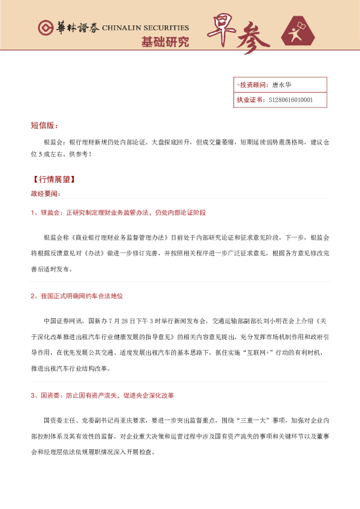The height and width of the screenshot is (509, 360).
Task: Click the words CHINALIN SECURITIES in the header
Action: pos(145,28)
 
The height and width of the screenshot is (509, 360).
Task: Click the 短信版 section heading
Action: pos(44,126)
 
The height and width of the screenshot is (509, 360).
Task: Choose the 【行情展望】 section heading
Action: pos(54,180)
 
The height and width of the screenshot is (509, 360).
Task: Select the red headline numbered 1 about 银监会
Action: pos(118,213)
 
